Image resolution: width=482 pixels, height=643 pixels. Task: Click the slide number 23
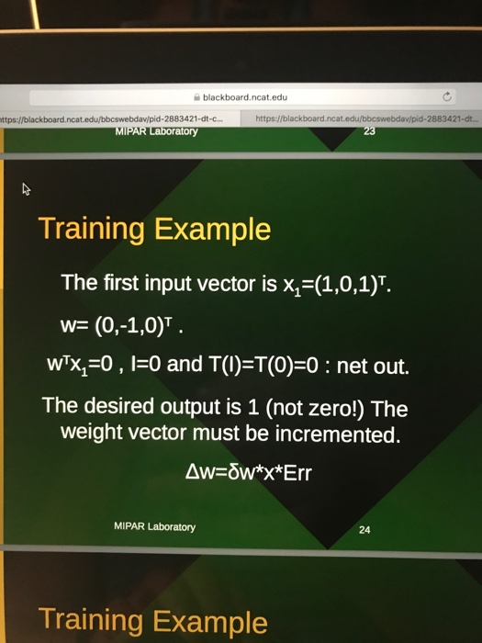pyautogui.click(x=370, y=130)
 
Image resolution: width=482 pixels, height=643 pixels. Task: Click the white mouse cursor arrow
pyautogui.click(x=27, y=190)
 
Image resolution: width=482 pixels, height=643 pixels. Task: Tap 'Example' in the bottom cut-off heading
pyautogui.click(x=207, y=621)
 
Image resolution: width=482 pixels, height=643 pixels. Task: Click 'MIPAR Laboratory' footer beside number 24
pyautogui.click(x=154, y=527)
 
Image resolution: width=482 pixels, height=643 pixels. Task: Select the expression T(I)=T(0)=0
pyautogui.click(x=263, y=367)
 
